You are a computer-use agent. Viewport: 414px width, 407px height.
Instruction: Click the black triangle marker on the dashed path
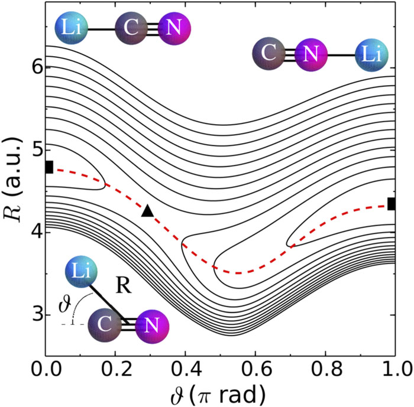(147, 210)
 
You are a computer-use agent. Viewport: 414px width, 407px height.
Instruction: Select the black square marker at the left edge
(49, 167)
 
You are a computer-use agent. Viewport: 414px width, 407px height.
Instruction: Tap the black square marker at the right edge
(392, 204)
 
